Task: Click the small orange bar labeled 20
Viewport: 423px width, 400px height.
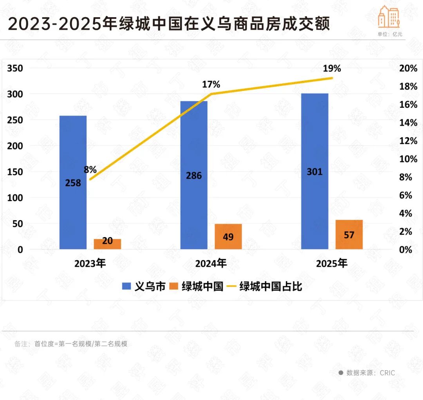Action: click(x=107, y=244)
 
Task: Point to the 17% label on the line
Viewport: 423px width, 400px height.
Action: click(x=211, y=84)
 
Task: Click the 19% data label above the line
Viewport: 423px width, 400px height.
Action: click(x=332, y=69)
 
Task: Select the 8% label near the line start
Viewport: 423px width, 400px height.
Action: click(x=90, y=170)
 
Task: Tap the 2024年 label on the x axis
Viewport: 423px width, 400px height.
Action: click(x=211, y=263)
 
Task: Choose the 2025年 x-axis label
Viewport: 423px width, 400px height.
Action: click(x=331, y=263)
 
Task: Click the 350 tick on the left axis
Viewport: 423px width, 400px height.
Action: click(x=15, y=69)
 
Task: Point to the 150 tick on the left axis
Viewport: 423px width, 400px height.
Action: click(x=15, y=172)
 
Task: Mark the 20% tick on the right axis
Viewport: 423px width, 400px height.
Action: click(x=408, y=69)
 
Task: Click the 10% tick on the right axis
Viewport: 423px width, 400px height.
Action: click(x=408, y=159)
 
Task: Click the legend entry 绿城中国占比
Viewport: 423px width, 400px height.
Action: click(x=265, y=286)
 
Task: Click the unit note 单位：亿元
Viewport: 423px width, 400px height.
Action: click(x=390, y=34)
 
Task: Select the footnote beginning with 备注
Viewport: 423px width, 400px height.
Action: click(x=71, y=344)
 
